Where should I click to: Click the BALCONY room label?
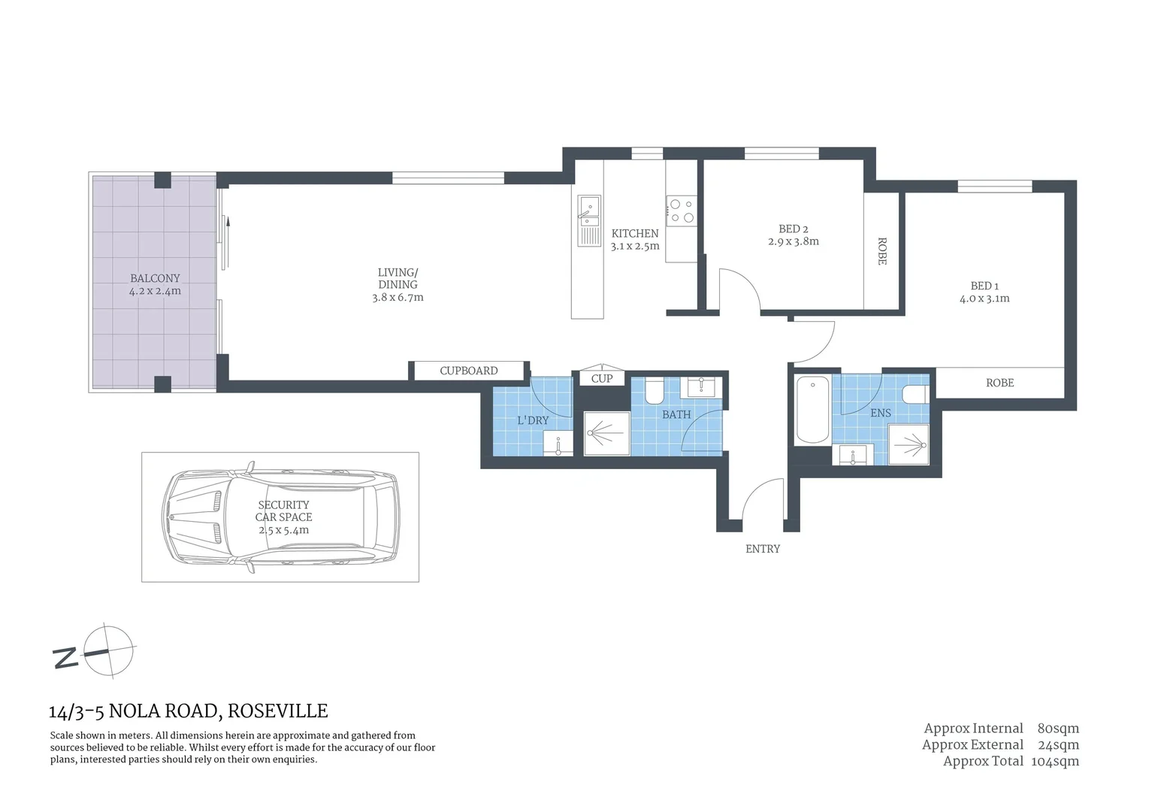pyautogui.click(x=155, y=278)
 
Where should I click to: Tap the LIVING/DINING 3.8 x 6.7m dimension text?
pyautogui.click(x=398, y=298)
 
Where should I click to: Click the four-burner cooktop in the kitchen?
pyautogui.click(x=682, y=211)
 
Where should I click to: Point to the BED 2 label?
pyautogui.click(x=793, y=229)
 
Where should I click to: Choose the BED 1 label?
pyautogui.click(x=984, y=286)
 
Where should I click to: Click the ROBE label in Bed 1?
pyautogui.click(x=999, y=383)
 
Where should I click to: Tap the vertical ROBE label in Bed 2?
pyautogui.click(x=882, y=251)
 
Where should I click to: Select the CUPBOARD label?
pyautogui.click(x=468, y=371)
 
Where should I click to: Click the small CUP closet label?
pyautogui.click(x=601, y=378)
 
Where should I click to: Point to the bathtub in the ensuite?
pyautogui.click(x=812, y=410)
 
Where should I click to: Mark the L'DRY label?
pyautogui.click(x=532, y=420)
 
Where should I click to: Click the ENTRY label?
pyautogui.click(x=762, y=549)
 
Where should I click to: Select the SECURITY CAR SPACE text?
pyautogui.click(x=283, y=511)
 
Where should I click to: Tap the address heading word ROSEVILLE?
pyautogui.click(x=277, y=710)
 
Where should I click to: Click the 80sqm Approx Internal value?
pyautogui.click(x=1057, y=728)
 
